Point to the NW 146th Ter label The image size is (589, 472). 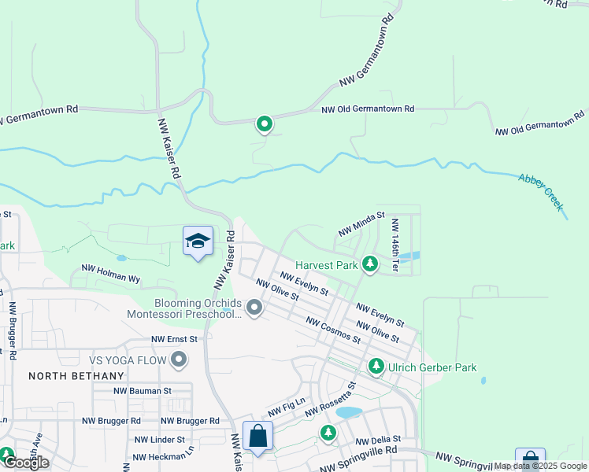pyautogui.click(x=395, y=245)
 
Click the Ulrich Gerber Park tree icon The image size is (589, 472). pyautogui.click(x=376, y=367)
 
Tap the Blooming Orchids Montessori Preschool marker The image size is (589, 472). pyautogui.click(x=254, y=308)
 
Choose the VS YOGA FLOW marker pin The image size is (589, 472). pyautogui.click(x=179, y=361)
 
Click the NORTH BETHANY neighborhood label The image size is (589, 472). pyautogui.click(x=67, y=376)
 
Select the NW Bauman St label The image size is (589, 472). pyautogui.click(x=143, y=390)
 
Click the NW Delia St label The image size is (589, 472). pyautogui.click(x=378, y=440)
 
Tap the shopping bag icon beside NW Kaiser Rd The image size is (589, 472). pyautogui.click(x=258, y=436)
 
